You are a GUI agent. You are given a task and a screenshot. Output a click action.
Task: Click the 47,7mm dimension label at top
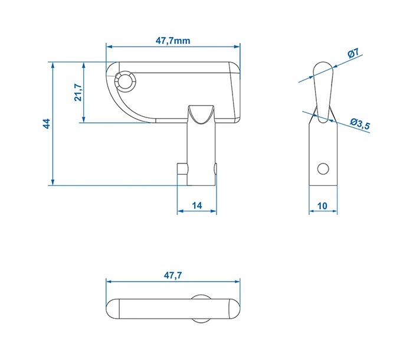pos(172,41)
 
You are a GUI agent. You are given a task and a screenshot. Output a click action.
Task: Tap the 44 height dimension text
pos(46,123)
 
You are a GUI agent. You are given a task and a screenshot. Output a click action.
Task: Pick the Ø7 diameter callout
pos(354,54)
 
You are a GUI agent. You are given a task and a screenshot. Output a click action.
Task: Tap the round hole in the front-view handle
pos(126,81)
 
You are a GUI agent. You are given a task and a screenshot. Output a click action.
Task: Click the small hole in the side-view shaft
pos(322,169)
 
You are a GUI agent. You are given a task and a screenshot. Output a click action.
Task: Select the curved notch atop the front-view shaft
pos(202,112)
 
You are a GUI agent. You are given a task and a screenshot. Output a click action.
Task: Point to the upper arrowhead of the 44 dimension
pos(53,64)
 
